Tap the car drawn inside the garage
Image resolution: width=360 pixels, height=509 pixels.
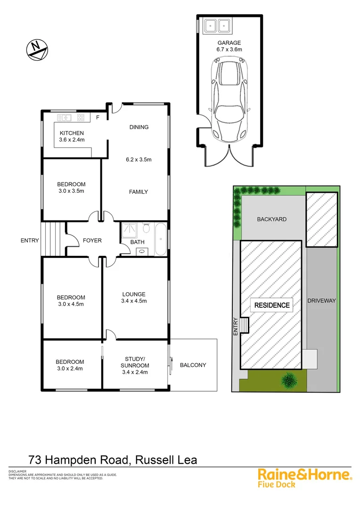point(229,99)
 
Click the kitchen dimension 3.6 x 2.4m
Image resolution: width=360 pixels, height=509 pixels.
point(72,140)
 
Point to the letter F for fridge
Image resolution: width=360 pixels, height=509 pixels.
point(98,117)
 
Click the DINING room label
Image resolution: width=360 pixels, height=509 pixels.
point(139,127)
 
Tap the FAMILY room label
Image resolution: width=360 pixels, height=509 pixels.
point(139,192)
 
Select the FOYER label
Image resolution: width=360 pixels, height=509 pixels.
point(92,240)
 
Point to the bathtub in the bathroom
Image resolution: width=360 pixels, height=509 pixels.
point(160,239)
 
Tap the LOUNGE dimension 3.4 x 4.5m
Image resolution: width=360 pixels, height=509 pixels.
point(134,301)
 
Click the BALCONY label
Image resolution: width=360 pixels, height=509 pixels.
point(193,365)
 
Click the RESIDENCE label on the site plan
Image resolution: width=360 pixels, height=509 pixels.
point(272,305)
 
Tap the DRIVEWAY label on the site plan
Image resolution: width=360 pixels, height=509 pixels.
point(321,300)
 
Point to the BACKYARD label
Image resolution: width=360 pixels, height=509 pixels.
point(272,219)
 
